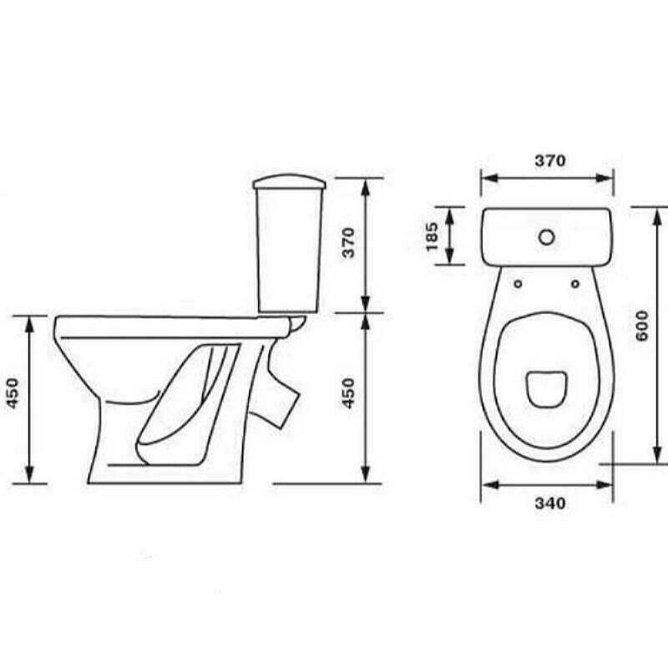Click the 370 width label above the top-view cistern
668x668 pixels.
point(550,160)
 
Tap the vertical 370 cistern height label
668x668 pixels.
point(348,243)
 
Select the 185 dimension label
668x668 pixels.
point(432,237)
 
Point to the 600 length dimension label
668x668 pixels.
point(641,326)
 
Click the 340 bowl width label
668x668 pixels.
point(550,504)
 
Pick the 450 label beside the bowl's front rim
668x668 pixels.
point(13,393)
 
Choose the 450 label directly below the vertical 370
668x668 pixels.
point(348,393)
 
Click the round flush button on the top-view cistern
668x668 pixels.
point(547,237)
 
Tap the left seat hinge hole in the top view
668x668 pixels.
point(518,284)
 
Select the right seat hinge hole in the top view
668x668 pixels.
point(575,283)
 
